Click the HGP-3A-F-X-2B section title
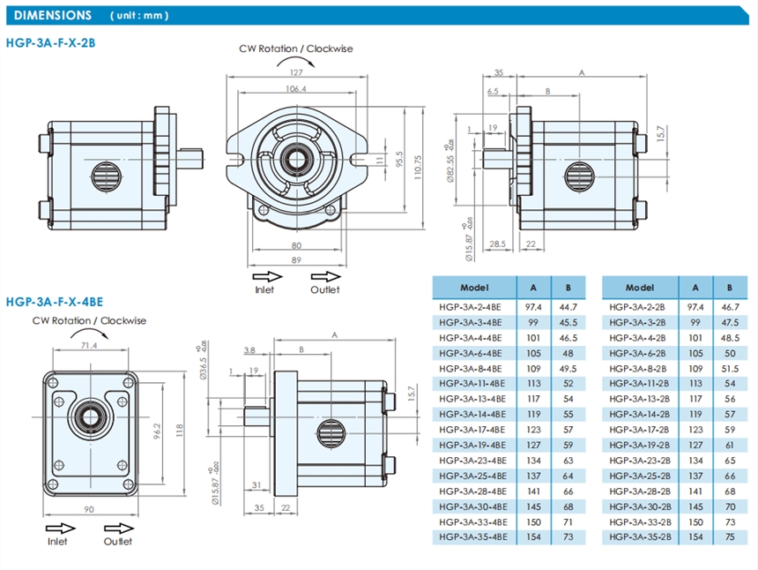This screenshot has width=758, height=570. pyautogui.click(x=50, y=41)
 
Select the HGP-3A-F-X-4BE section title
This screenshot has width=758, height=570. pyautogui.click(x=55, y=301)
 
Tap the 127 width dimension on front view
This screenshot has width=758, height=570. pyautogui.click(x=295, y=72)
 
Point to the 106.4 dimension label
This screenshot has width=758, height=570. pyautogui.click(x=295, y=89)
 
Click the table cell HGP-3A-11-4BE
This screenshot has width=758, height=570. pyautogui.click(x=471, y=384)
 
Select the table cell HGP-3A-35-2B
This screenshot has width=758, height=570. pyautogui.click(x=640, y=537)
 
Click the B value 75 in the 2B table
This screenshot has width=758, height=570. pyautogui.click(x=729, y=537)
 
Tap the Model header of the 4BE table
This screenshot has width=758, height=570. pyautogui.click(x=474, y=288)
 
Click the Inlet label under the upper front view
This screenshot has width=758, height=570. pyautogui.click(x=264, y=289)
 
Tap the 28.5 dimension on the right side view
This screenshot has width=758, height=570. pyautogui.click(x=497, y=244)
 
